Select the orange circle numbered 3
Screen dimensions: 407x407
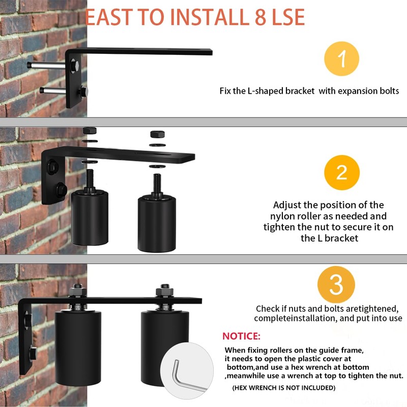pos(336,284)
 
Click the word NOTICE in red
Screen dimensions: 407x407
pos(241,336)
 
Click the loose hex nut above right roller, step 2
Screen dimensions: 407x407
pos(157,135)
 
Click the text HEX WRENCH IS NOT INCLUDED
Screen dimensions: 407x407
pos(283,388)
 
